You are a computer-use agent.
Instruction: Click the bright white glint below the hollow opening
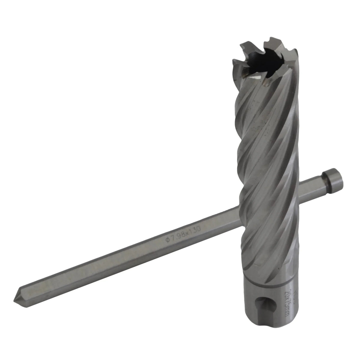254,79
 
